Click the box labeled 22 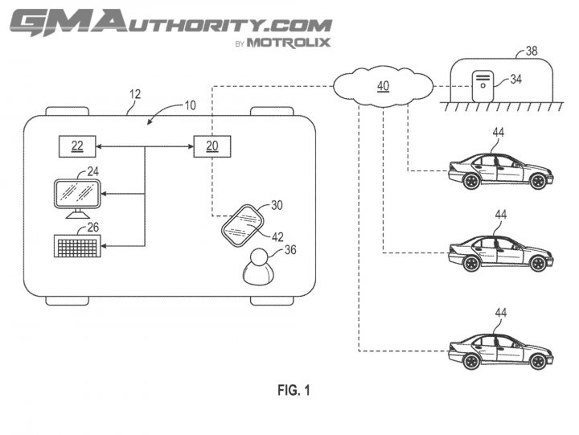(x=77, y=146)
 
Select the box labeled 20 (x=212, y=146)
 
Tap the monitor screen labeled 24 (x=77, y=194)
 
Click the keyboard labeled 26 (x=77, y=245)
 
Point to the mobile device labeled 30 (x=242, y=224)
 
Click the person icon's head (x=258, y=257)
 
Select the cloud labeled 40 (x=383, y=86)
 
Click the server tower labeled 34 (x=482, y=86)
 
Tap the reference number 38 (x=531, y=51)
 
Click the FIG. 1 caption (x=294, y=390)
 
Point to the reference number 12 (x=135, y=94)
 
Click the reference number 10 (x=190, y=105)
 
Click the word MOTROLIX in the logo (x=289, y=43)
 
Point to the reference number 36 (x=290, y=249)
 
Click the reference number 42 (x=277, y=236)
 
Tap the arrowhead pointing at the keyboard (x=105, y=246)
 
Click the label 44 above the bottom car (x=501, y=313)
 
